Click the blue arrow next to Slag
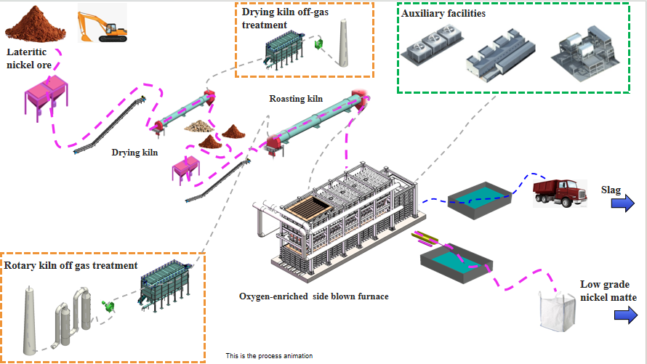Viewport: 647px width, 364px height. pos(623,205)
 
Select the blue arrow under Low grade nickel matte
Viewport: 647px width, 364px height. pos(624,315)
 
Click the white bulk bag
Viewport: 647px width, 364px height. pos(557,310)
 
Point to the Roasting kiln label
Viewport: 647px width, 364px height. pos(297,99)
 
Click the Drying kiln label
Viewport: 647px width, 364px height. pos(135,153)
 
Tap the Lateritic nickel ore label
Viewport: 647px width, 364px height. pos(30,57)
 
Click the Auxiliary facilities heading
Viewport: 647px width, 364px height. pos(443,14)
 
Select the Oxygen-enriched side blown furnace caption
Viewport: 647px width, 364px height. pos(313,296)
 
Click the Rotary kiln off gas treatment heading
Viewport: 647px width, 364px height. pos(71,265)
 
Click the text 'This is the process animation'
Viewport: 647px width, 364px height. pos(269,356)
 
